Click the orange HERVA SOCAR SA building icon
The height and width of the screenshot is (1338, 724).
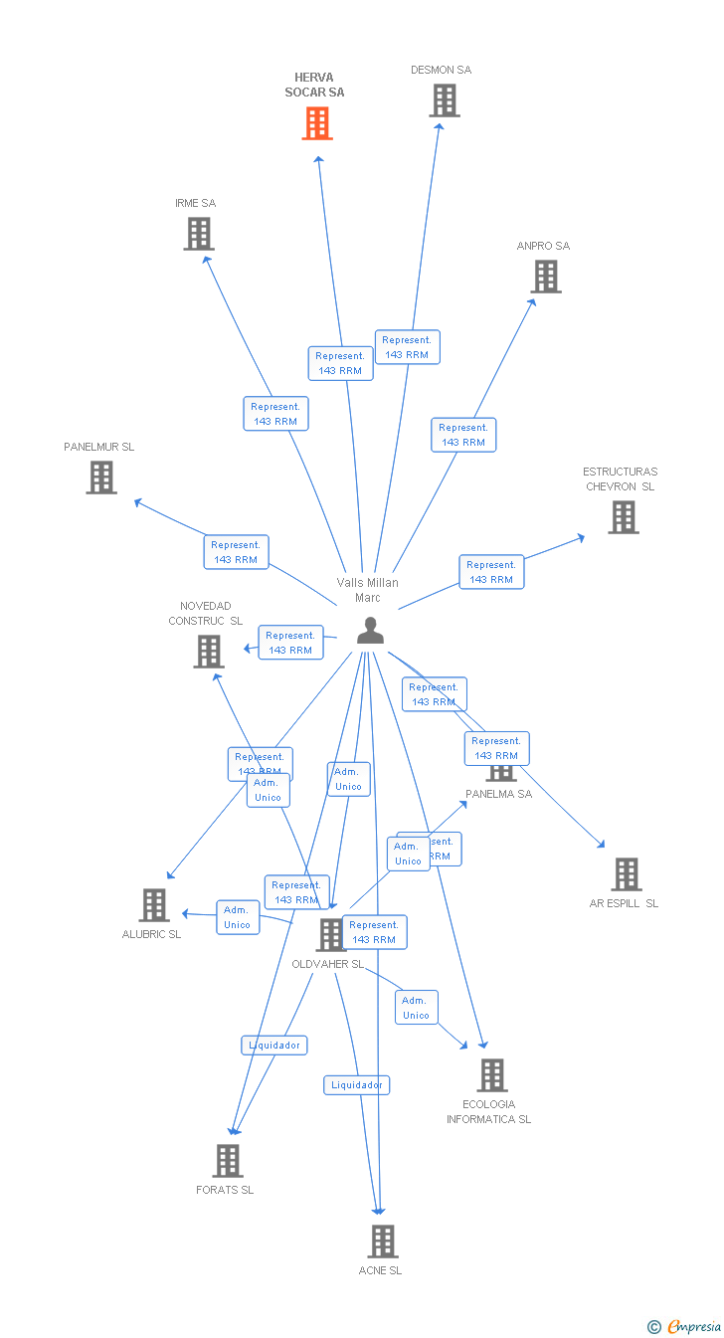(317, 123)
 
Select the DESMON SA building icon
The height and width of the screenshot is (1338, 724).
(445, 100)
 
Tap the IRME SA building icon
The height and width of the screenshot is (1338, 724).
(199, 234)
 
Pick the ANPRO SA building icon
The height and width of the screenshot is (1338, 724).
(546, 277)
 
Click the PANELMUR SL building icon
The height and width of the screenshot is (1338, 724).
(101, 478)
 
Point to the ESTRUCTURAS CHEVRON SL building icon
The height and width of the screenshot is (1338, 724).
(624, 517)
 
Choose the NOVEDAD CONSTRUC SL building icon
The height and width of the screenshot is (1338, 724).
(209, 652)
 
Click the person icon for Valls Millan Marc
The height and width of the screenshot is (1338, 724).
(370, 631)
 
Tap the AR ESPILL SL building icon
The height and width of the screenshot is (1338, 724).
(627, 874)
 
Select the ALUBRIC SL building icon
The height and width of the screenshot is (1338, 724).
(154, 905)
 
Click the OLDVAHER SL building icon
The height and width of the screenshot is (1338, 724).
(330, 935)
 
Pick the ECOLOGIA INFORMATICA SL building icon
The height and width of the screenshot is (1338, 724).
(491, 1075)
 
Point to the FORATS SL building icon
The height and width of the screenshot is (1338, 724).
(228, 1161)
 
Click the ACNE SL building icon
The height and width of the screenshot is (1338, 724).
(383, 1242)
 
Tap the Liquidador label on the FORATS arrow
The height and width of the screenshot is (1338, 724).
(274, 1046)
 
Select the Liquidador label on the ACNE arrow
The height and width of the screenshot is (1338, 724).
(356, 1085)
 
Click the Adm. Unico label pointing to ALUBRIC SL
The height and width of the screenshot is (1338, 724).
(238, 917)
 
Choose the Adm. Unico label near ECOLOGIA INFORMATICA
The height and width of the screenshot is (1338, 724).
(416, 1008)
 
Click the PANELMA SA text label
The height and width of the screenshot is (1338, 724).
(499, 794)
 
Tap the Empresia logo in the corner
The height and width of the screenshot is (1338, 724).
(686, 1326)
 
